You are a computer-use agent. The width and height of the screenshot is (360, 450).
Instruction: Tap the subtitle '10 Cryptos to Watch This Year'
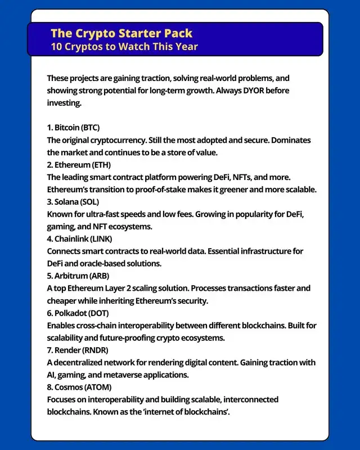pyautogui.click(x=124, y=46)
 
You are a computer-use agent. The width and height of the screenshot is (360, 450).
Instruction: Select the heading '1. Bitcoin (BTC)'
pyautogui.click(x=73, y=127)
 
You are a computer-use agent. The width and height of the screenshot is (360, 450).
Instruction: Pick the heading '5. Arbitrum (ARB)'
pyautogui.click(x=78, y=276)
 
